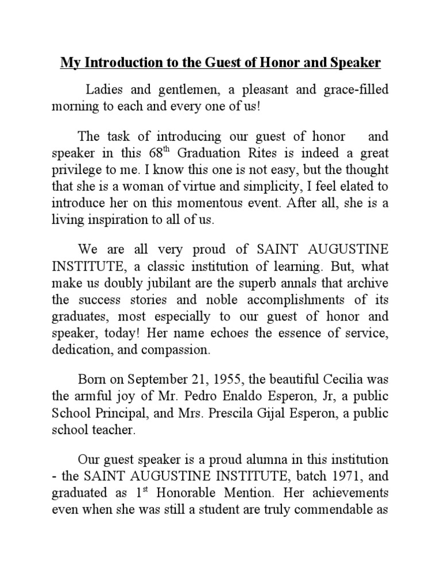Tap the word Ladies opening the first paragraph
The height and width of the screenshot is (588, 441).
tap(104, 90)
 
